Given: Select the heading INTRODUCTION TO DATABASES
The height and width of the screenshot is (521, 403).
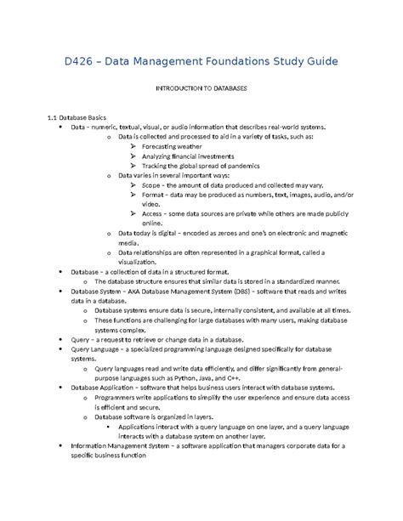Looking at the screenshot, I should (x=201, y=88).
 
